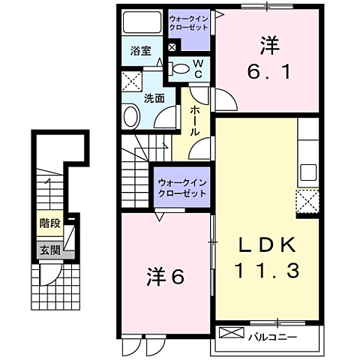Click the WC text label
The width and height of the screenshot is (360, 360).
(199, 68)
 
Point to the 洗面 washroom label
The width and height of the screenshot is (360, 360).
(154, 96)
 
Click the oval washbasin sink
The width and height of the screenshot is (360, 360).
(131, 116)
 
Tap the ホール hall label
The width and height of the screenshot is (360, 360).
(194, 120)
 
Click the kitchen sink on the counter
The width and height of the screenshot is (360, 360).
(309, 173)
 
